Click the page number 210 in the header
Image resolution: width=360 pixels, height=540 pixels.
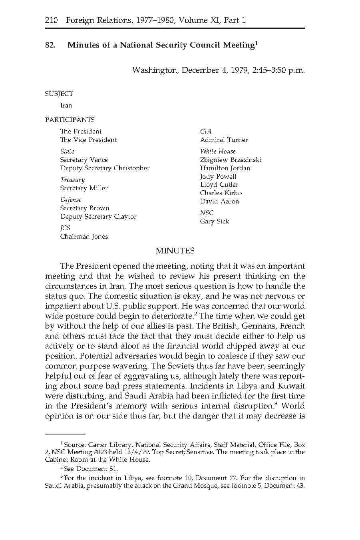coord(52,20)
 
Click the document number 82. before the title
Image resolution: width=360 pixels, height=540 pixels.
coord(50,45)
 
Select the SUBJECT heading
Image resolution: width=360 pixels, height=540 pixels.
coord(59,94)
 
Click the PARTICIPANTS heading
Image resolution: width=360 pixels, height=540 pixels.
coord(70,120)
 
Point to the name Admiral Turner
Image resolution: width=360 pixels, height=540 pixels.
coord(224,140)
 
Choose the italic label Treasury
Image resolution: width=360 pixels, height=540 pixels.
coord(72,180)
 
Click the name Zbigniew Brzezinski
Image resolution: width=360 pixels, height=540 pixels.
coord(231,160)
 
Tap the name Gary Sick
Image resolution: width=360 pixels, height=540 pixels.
coord(215,221)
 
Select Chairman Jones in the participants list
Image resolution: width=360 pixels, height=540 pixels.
coord(84,237)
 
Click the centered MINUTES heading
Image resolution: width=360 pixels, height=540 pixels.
coord(175,251)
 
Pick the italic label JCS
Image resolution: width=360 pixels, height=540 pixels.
coord(65,228)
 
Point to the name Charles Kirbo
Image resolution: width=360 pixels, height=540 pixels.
coord(221,193)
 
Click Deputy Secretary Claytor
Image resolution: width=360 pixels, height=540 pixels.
coord(98,217)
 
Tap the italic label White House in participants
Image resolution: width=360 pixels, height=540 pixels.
coord(218,151)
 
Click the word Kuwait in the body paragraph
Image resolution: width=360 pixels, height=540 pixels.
coord(291,386)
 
